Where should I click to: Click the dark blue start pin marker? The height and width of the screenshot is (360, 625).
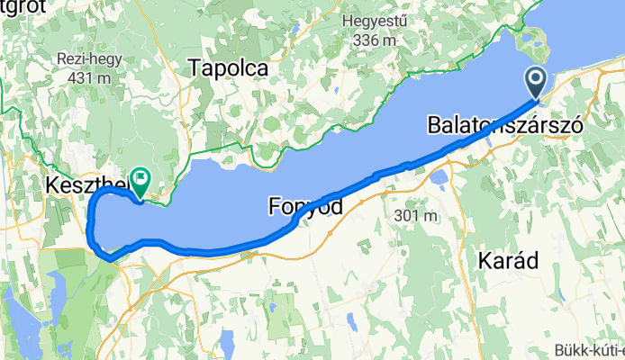[537, 84]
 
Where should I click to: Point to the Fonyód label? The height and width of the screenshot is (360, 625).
[306, 207]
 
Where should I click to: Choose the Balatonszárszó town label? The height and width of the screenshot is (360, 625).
[504, 123]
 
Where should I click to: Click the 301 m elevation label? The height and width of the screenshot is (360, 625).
[415, 216]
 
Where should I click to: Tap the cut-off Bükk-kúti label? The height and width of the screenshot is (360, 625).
[589, 350]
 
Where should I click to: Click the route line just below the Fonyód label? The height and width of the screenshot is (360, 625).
[297, 222]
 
